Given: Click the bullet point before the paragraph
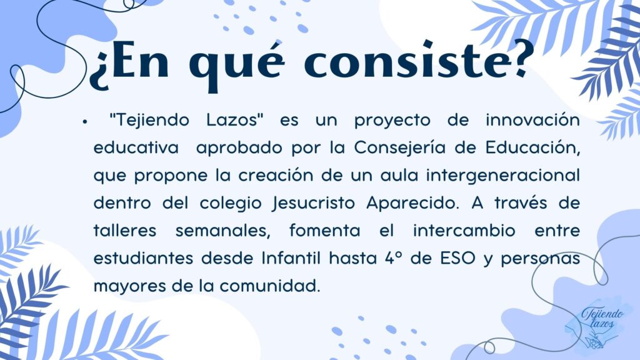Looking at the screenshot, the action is click(x=84, y=121).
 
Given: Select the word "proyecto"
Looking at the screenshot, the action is click(x=392, y=121).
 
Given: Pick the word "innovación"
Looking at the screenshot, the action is click(x=532, y=120).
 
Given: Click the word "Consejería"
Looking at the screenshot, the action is click(x=400, y=148).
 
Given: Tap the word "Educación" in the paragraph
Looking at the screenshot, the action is click(x=532, y=147).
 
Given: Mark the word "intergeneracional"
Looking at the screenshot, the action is click(x=503, y=176).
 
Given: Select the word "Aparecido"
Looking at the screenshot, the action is click(x=411, y=203).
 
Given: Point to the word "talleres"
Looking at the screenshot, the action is click(x=125, y=231).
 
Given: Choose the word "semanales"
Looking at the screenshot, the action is click(x=223, y=231).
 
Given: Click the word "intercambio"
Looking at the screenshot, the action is click(x=464, y=231).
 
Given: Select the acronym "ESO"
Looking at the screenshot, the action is click(x=458, y=258).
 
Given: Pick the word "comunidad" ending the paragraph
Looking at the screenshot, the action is click(x=270, y=286).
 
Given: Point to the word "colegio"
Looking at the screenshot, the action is click(x=231, y=204).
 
